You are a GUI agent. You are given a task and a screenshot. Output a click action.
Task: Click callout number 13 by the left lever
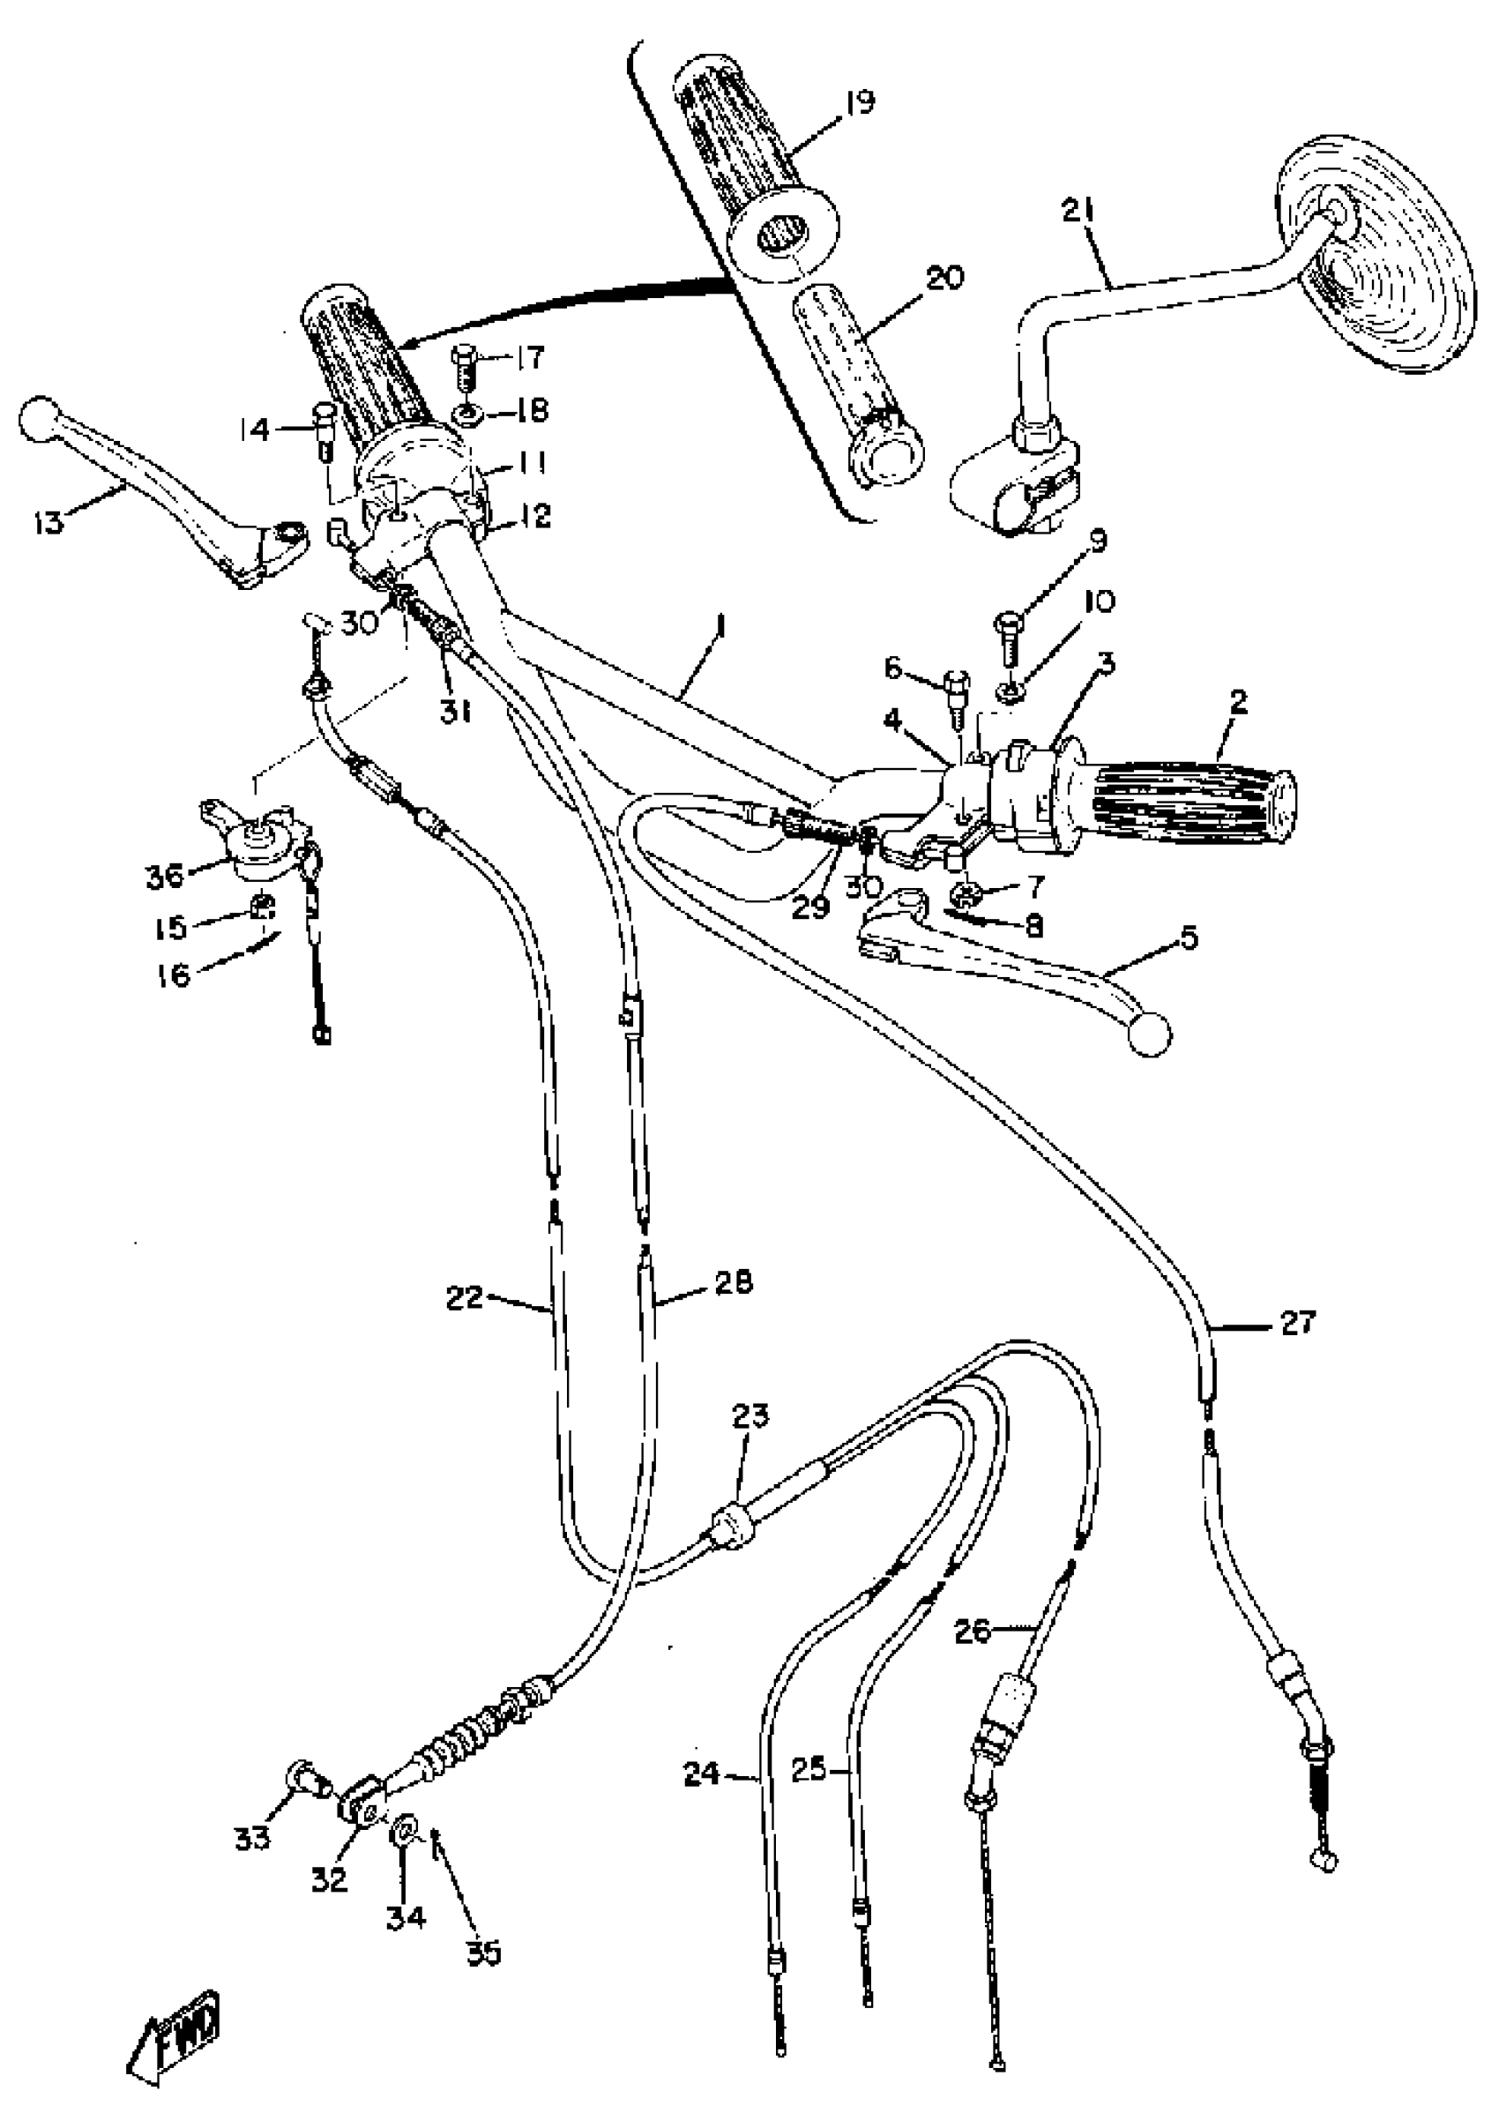48,522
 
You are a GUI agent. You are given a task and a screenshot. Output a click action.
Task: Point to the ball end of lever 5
1150,1034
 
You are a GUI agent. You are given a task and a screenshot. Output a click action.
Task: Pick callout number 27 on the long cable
1298,1323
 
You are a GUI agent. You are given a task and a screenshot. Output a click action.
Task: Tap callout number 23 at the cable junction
750,1416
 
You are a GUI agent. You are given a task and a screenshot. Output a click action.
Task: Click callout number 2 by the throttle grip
1239,702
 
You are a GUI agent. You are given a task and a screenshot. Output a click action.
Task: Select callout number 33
253,1837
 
